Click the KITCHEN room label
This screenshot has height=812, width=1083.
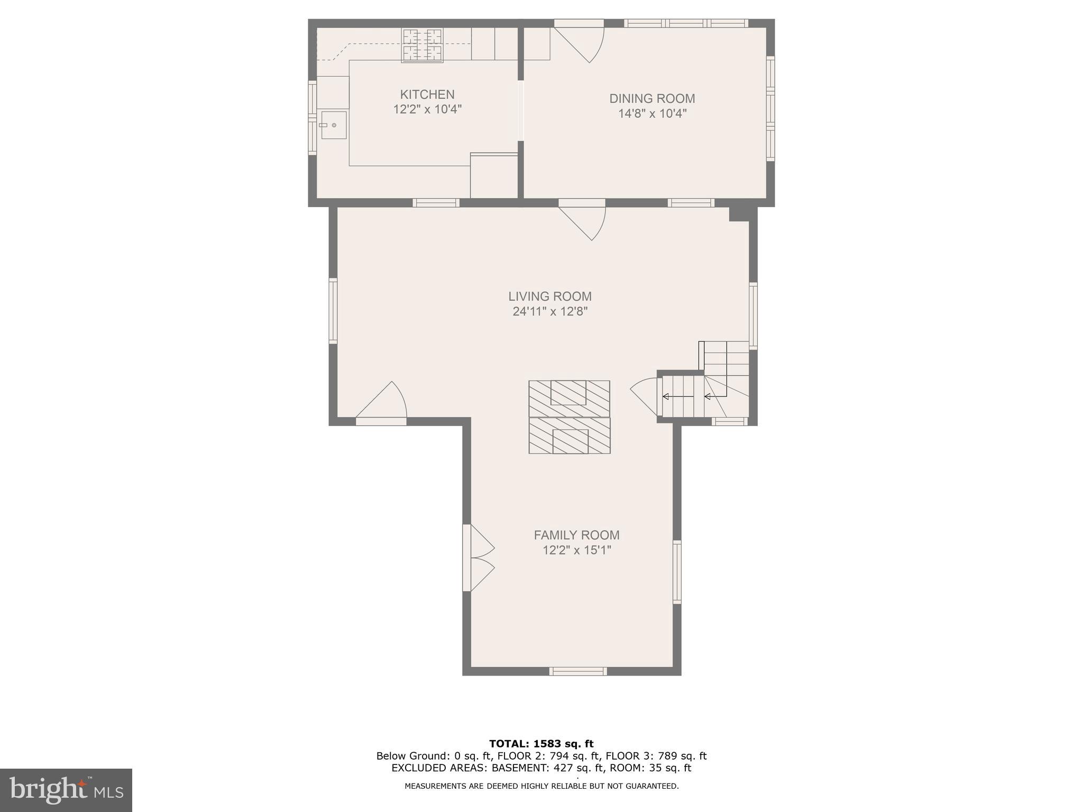click(427, 95)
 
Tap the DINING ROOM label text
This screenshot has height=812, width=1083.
click(651, 98)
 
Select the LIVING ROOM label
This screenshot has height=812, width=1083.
click(549, 297)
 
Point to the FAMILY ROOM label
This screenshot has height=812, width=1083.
click(576, 535)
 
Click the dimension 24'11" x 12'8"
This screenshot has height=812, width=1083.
click(550, 311)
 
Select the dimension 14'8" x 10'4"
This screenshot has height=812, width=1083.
click(651, 113)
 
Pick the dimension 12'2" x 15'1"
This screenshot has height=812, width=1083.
click(576, 550)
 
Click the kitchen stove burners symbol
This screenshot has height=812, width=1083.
click(422, 45)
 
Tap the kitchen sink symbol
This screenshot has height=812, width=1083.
click(334, 125)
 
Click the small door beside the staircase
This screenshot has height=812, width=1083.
click(645, 396)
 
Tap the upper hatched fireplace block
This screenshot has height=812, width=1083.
click(569, 398)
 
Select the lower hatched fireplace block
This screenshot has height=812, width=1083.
click(570, 436)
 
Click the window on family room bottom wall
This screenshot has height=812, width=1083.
click(577, 671)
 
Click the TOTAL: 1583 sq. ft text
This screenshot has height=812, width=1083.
click(541, 744)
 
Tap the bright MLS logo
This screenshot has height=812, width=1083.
click(66, 790)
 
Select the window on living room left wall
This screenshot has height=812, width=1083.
click(333, 311)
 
